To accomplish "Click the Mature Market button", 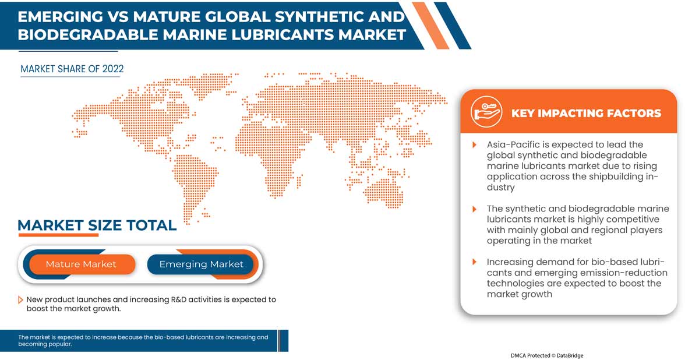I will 81,264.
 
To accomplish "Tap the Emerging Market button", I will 201,264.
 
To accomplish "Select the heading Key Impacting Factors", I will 586,114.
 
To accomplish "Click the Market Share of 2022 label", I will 72,69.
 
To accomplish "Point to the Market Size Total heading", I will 97,225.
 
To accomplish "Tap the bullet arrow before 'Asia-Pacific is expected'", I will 474,144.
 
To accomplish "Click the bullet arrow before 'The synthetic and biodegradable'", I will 474,209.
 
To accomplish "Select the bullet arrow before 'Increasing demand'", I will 474,262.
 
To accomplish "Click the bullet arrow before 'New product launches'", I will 21,300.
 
